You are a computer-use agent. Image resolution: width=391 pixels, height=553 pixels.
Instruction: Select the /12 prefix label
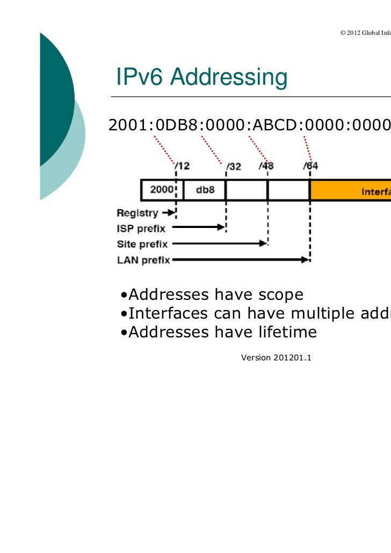[182, 166]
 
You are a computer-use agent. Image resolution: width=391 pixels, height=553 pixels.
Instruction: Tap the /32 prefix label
[233, 166]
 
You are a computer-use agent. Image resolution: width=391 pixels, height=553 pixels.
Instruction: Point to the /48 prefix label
[266, 166]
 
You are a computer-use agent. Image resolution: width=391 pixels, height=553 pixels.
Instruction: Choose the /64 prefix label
[310, 166]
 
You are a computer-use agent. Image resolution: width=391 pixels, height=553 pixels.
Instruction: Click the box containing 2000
[162, 190]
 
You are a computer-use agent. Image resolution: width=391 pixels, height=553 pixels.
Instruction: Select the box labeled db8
[204, 190]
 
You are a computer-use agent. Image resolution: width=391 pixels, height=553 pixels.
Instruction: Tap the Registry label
[137, 213]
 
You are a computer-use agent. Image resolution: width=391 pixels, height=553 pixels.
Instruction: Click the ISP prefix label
[141, 228]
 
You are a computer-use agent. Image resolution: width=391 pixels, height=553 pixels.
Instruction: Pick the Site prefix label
[142, 244]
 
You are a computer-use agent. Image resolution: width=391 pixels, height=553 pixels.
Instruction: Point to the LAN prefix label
[143, 260]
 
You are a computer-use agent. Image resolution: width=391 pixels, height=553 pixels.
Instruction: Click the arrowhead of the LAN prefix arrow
[306, 260]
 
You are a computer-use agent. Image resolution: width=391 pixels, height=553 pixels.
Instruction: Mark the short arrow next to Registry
[169, 213]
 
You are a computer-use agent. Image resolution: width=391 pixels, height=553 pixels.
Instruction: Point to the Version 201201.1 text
[276, 357]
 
